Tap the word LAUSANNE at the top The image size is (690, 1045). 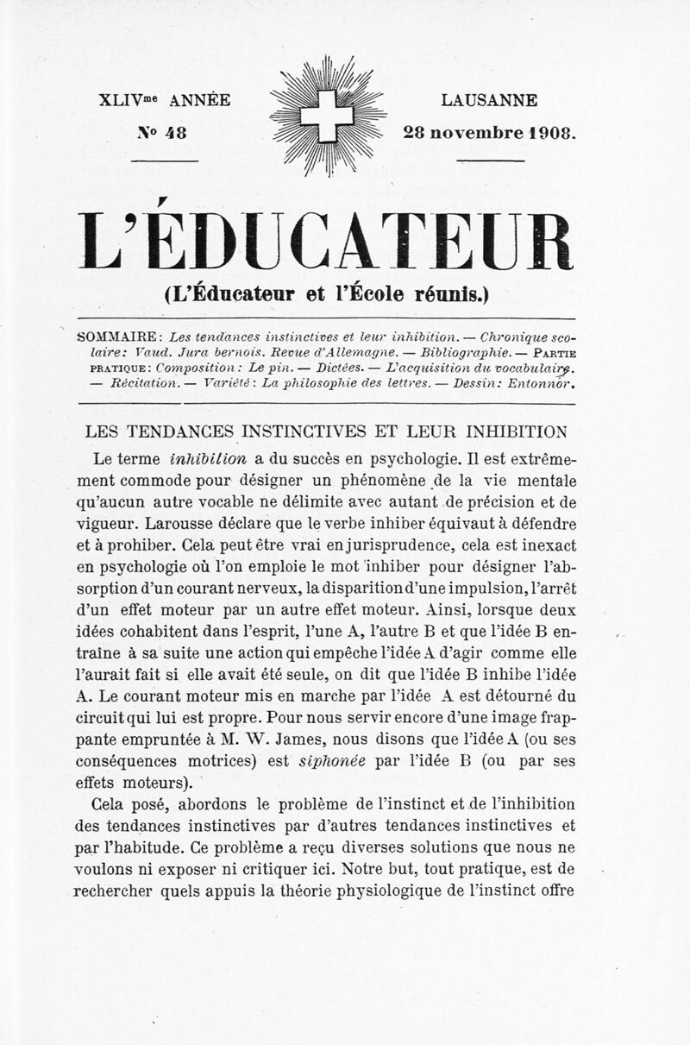click(489, 101)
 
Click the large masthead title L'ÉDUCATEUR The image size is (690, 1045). click(325, 242)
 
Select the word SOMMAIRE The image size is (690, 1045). click(116, 336)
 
